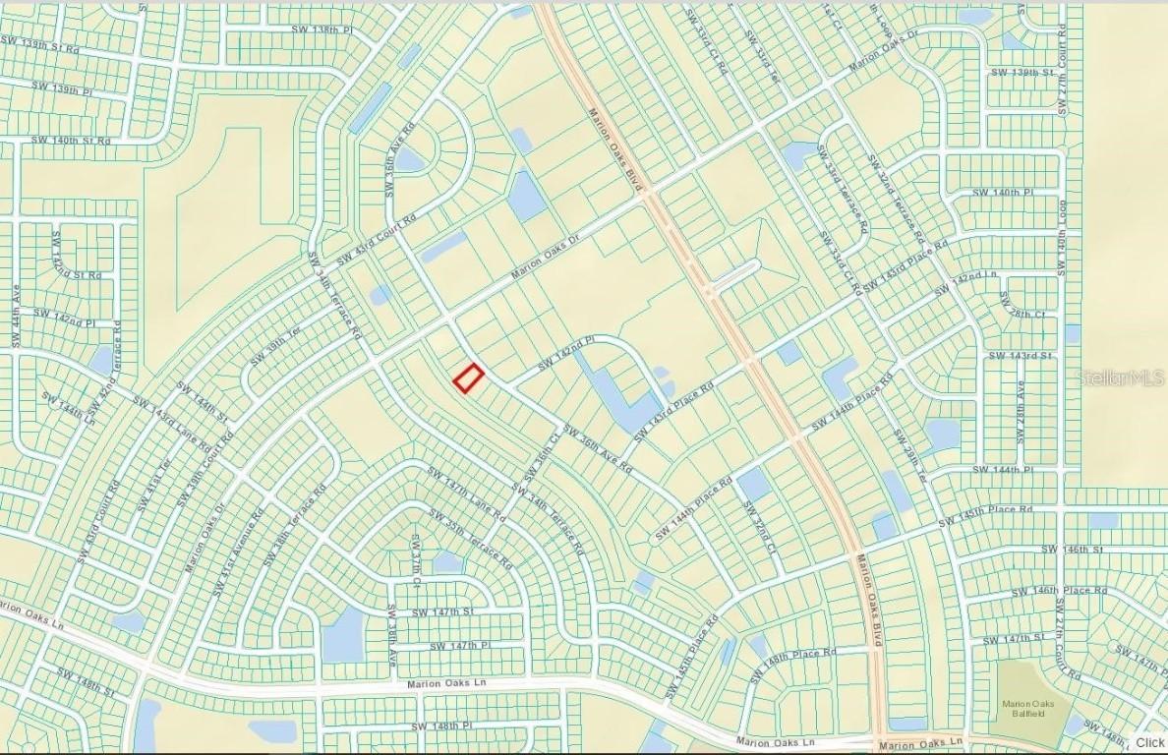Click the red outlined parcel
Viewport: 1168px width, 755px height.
469,378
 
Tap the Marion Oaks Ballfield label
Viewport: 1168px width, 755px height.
1027,707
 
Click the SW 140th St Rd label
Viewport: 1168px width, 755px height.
70,141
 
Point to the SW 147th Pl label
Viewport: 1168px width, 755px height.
458,645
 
